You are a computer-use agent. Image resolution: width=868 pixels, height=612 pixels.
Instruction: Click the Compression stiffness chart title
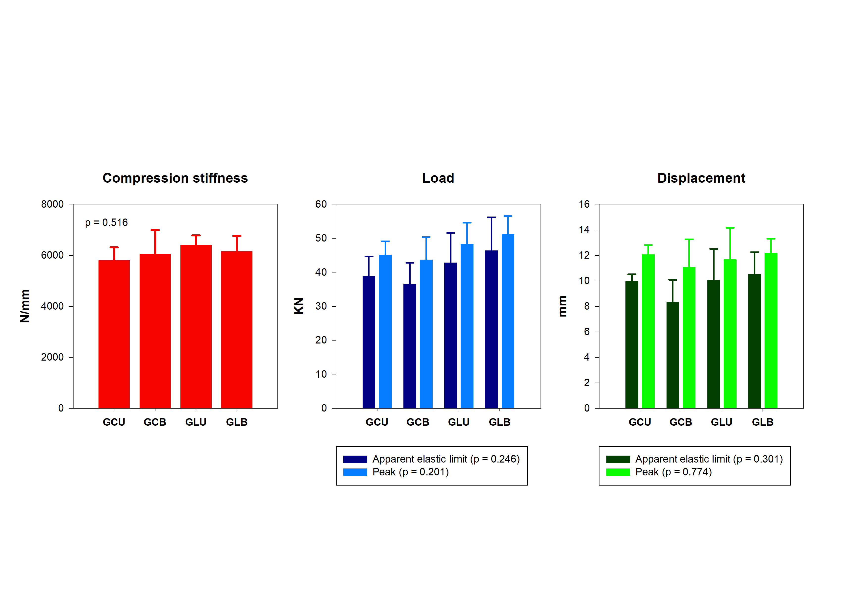(x=175, y=178)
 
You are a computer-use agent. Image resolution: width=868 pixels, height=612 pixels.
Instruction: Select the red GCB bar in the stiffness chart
(x=155, y=331)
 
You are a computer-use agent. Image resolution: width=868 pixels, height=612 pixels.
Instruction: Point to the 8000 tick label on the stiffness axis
(x=52, y=204)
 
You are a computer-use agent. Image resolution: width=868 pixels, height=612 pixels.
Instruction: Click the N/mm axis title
(x=25, y=306)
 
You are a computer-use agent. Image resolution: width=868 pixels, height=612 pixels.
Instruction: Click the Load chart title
(x=438, y=178)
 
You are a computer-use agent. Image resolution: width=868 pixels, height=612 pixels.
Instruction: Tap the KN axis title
(x=299, y=306)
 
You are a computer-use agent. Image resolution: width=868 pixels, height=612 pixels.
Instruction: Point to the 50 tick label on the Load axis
(x=321, y=238)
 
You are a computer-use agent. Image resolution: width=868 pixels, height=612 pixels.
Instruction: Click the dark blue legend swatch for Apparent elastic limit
(x=355, y=459)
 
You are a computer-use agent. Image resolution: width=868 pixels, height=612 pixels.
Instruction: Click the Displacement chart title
(x=701, y=178)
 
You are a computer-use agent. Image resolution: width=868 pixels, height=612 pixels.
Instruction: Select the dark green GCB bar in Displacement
(x=672, y=355)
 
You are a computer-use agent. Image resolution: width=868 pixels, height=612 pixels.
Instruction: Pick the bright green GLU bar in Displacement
(x=730, y=333)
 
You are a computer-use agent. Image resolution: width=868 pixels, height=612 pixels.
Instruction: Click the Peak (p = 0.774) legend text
(x=673, y=472)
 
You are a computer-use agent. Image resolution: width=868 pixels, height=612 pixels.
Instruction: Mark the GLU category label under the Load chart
(x=459, y=422)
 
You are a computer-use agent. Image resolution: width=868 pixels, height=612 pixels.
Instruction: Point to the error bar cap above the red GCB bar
(x=155, y=230)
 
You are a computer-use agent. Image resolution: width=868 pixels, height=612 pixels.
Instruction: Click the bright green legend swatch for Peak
(x=618, y=472)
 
